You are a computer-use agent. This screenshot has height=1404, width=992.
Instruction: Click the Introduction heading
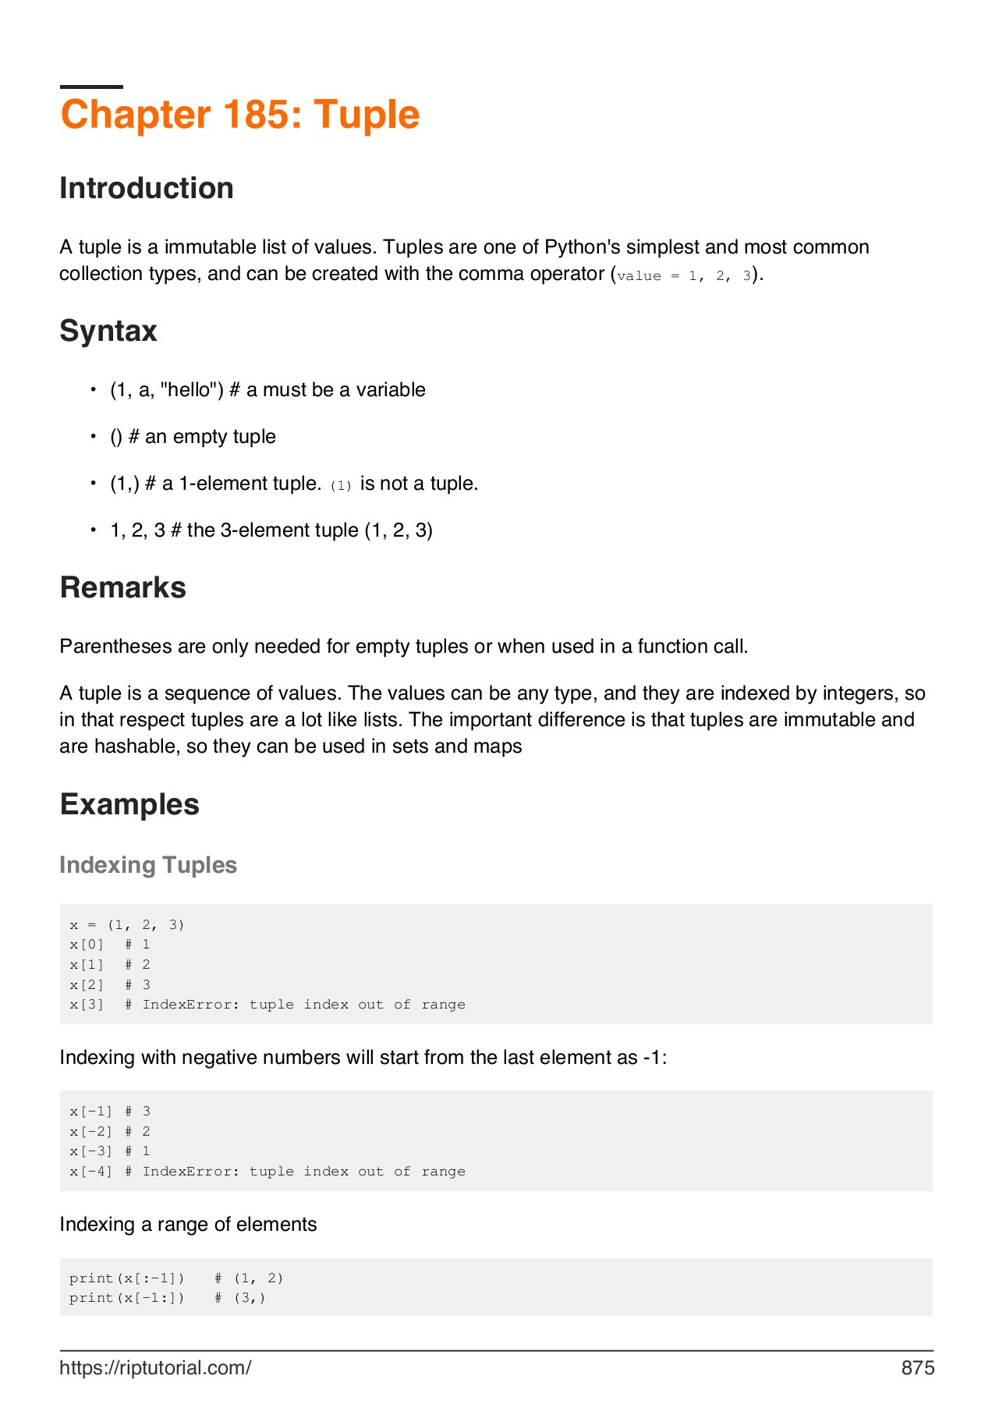click(x=147, y=189)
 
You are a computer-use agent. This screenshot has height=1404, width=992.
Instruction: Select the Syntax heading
click(x=108, y=331)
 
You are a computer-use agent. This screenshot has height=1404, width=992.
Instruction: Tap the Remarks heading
click(x=122, y=588)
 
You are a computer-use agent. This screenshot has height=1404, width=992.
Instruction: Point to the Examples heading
click(x=129, y=805)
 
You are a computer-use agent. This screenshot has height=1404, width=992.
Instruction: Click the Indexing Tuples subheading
click(x=148, y=866)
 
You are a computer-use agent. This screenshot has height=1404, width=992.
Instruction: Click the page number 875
click(x=917, y=1368)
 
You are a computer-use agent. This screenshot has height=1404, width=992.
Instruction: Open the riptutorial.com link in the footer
click(x=155, y=1368)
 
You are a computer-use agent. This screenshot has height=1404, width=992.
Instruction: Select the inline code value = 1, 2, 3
click(x=684, y=276)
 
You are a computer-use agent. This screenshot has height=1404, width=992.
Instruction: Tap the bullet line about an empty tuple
click(x=193, y=437)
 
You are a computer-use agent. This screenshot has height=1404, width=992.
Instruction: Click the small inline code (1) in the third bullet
click(x=341, y=486)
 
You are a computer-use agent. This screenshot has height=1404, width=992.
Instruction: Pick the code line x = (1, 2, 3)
click(x=126, y=925)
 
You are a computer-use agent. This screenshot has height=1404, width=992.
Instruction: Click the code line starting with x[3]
click(x=267, y=1005)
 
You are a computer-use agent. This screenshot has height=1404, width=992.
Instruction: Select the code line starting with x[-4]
click(x=267, y=1172)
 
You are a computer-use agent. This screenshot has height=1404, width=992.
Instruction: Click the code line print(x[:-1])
click(x=176, y=1278)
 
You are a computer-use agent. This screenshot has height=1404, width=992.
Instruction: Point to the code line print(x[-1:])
click(x=168, y=1298)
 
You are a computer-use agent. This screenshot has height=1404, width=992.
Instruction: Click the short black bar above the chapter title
click(x=91, y=87)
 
